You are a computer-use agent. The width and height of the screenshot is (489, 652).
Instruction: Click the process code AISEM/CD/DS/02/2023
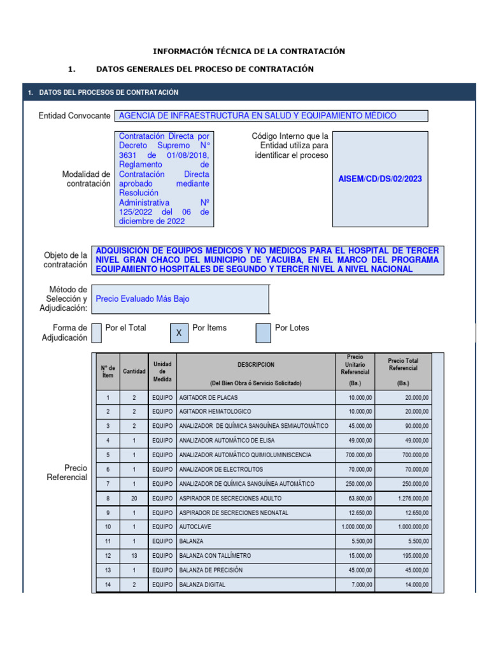pos(380,179)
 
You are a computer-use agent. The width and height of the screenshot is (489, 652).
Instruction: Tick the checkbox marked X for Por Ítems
pos(179,333)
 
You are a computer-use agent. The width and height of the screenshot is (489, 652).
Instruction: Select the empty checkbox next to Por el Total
pos(97,332)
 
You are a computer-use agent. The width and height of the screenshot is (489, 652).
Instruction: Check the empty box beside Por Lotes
pos(263,333)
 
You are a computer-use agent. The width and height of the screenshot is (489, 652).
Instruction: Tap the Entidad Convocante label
pos(74,116)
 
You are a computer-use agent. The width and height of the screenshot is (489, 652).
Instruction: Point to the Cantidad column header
pos(134,371)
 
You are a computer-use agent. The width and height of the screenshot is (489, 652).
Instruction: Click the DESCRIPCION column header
pos(256,365)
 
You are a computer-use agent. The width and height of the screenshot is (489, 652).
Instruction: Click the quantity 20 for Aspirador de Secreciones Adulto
pos(134,498)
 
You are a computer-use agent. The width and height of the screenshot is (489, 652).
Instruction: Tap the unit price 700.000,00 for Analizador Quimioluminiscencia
pos(356,455)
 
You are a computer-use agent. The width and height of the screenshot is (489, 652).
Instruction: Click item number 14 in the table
pos(108,585)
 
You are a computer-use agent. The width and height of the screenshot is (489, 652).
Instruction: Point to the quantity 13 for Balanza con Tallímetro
pos(134,556)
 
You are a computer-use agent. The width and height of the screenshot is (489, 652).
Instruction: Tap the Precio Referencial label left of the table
pos(67,472)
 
